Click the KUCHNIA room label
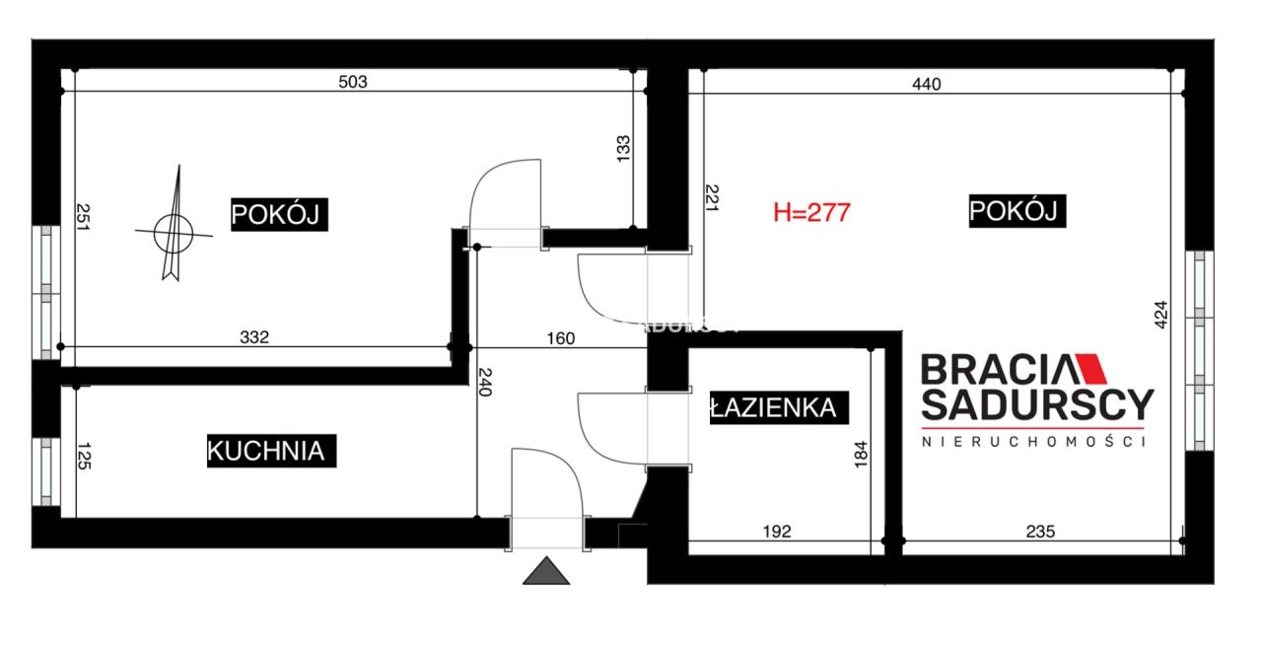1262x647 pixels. click(265, 451)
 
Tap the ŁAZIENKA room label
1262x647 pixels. click(774, 407)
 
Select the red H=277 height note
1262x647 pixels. click(811, 212)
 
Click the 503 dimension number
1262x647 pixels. click(352, 82)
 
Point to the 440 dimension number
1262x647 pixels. click(927, 84)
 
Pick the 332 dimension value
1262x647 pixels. click(254, 337)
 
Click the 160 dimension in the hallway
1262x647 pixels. click(560, 338)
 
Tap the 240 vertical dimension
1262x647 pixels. click(485, 381)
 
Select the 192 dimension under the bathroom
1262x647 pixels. click(777, 532)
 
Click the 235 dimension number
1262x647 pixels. click(1040, 532)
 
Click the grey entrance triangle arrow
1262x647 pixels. click(546, 571)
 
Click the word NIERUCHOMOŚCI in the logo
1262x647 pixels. click(1032, 443)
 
